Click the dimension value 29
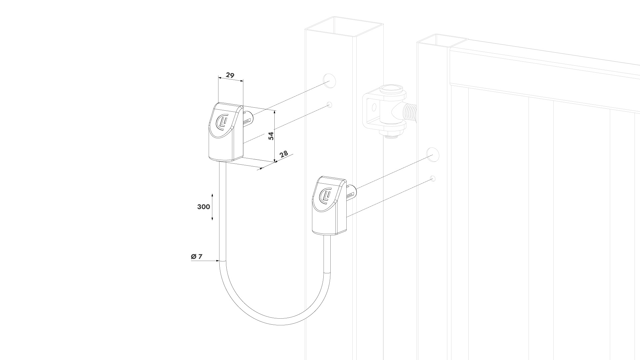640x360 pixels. point(230,75)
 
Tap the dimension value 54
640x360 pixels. point(271,136)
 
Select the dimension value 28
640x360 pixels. point(284,154)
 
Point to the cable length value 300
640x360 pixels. point(204,207)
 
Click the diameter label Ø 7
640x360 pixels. point(197,256)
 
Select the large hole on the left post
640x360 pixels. point(329,80)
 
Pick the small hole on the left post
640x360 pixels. point(330,105)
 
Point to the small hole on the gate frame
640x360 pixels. point(433,178)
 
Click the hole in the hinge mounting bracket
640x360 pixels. point(374,107)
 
